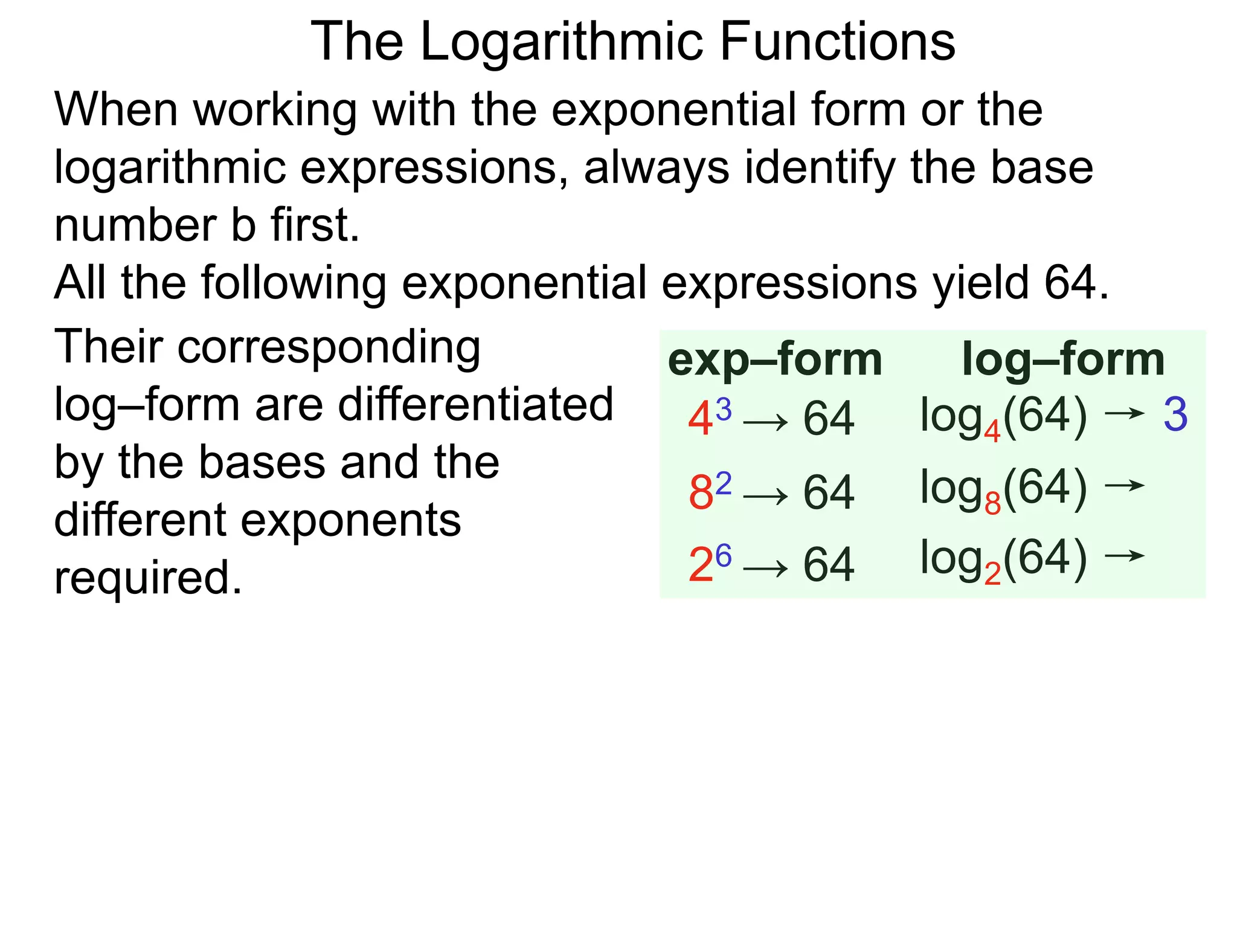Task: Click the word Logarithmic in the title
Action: tap(562, 42)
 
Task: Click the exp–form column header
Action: tap(775, 359)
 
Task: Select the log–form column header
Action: tap(1063, 359)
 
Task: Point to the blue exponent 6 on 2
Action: tap(723, 555)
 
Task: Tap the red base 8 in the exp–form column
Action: tap(701, 492)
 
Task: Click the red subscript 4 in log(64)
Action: tap(992, 431)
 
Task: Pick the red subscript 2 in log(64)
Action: tap(992, 574)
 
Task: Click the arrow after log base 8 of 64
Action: tap(1125, 485)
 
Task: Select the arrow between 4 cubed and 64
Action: tap(765, 422)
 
